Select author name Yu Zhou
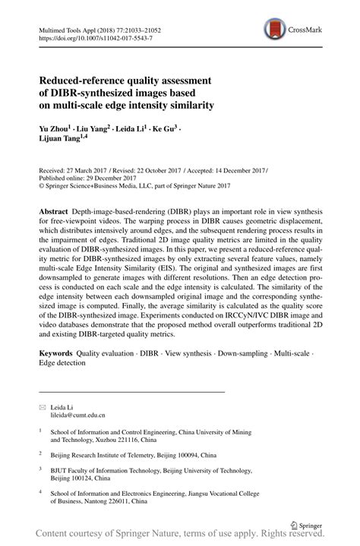point(56,130)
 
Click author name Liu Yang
point(95,130)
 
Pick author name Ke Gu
point(165,130)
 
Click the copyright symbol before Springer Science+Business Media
point(42,187)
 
